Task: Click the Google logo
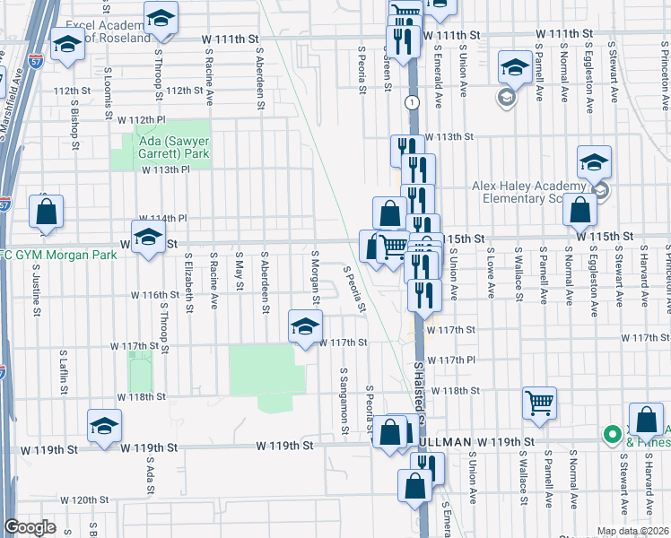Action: (x=30, y=527)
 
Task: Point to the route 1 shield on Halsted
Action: (x=411, y=103)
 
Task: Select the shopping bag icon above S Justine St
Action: (x=46, y=213)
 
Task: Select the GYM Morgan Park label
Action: (x=56, y=256)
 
